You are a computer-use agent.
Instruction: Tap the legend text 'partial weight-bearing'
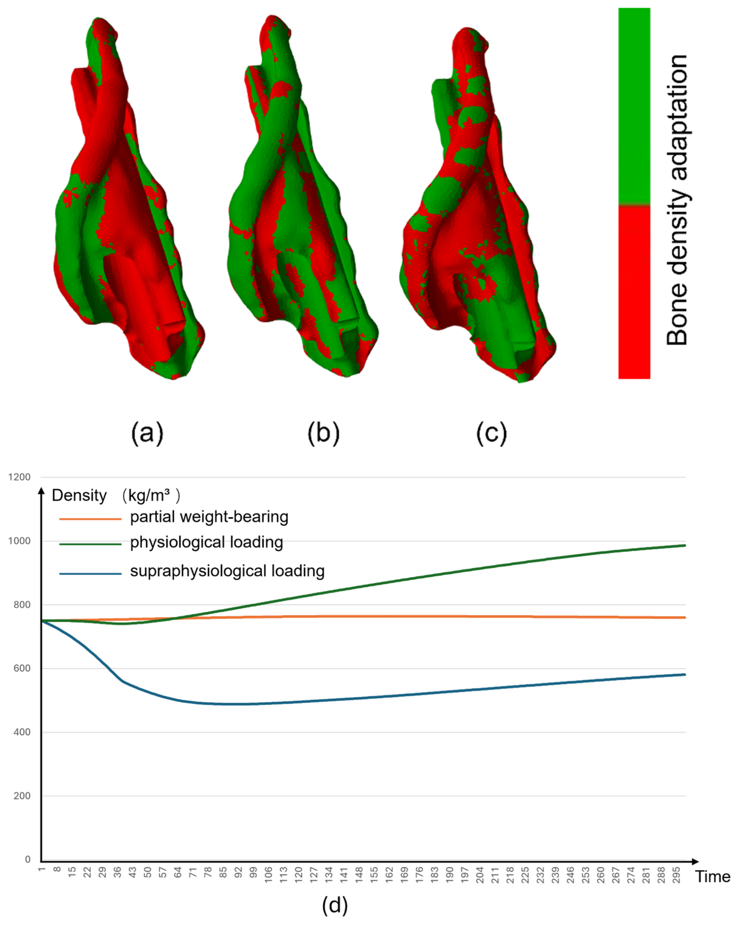209,517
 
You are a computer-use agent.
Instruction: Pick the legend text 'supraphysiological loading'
227,571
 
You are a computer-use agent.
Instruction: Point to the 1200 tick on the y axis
19,477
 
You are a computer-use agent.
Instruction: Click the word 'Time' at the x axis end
713,876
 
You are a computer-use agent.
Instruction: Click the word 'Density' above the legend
79,495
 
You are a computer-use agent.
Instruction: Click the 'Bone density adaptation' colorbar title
677,200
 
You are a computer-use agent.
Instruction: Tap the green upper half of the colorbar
634,106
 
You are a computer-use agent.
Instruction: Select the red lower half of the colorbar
634,292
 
